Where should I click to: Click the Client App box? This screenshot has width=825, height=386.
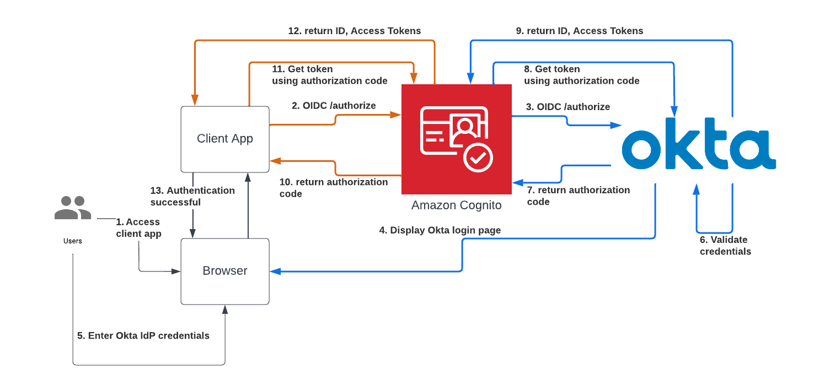tap(225, 139)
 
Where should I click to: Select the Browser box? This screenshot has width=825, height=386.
tap(225, 271)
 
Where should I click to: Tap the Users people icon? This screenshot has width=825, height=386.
tap(73, 208)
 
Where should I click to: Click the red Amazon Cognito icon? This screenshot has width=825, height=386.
tap(456, 139)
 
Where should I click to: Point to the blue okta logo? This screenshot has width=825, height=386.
tap(699, 144)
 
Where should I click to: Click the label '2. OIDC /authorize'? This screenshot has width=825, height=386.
tap(334, 106)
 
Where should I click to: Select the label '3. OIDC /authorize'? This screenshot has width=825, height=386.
tap(567, 107)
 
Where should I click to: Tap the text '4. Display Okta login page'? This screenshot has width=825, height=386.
tap(440, 230)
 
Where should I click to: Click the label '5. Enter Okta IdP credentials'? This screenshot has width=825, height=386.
tap(143, 335)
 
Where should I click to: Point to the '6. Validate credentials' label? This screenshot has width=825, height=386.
tap(725, 246)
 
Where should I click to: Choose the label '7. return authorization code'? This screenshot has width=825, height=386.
tap(578, 196)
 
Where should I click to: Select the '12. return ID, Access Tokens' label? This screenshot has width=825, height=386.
tap(354, 31)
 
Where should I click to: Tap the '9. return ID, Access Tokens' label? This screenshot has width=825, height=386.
tap(579, 31)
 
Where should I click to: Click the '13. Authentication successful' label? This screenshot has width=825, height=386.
tap(192, 197)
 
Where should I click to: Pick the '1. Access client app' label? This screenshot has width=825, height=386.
tap(138, 228)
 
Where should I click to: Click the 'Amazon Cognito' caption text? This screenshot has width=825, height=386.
tap(456, 205)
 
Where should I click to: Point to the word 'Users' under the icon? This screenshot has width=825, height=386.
tap(73, 241)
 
